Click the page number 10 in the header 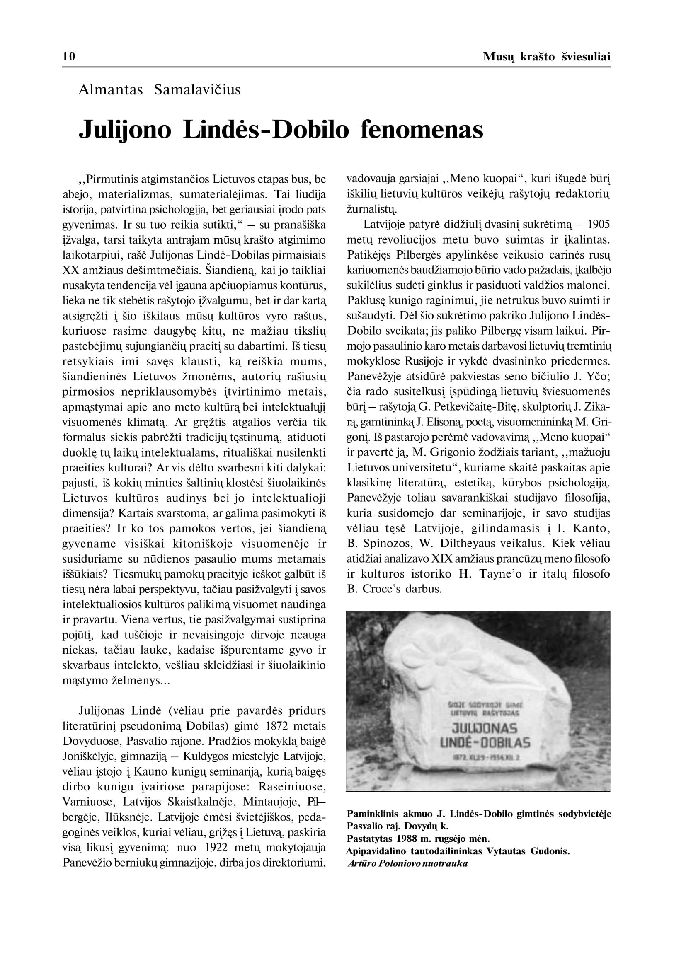point(69,57)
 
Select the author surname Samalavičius point(197,90)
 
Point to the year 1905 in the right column point(599,225)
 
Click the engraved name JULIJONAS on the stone point(485,728)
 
